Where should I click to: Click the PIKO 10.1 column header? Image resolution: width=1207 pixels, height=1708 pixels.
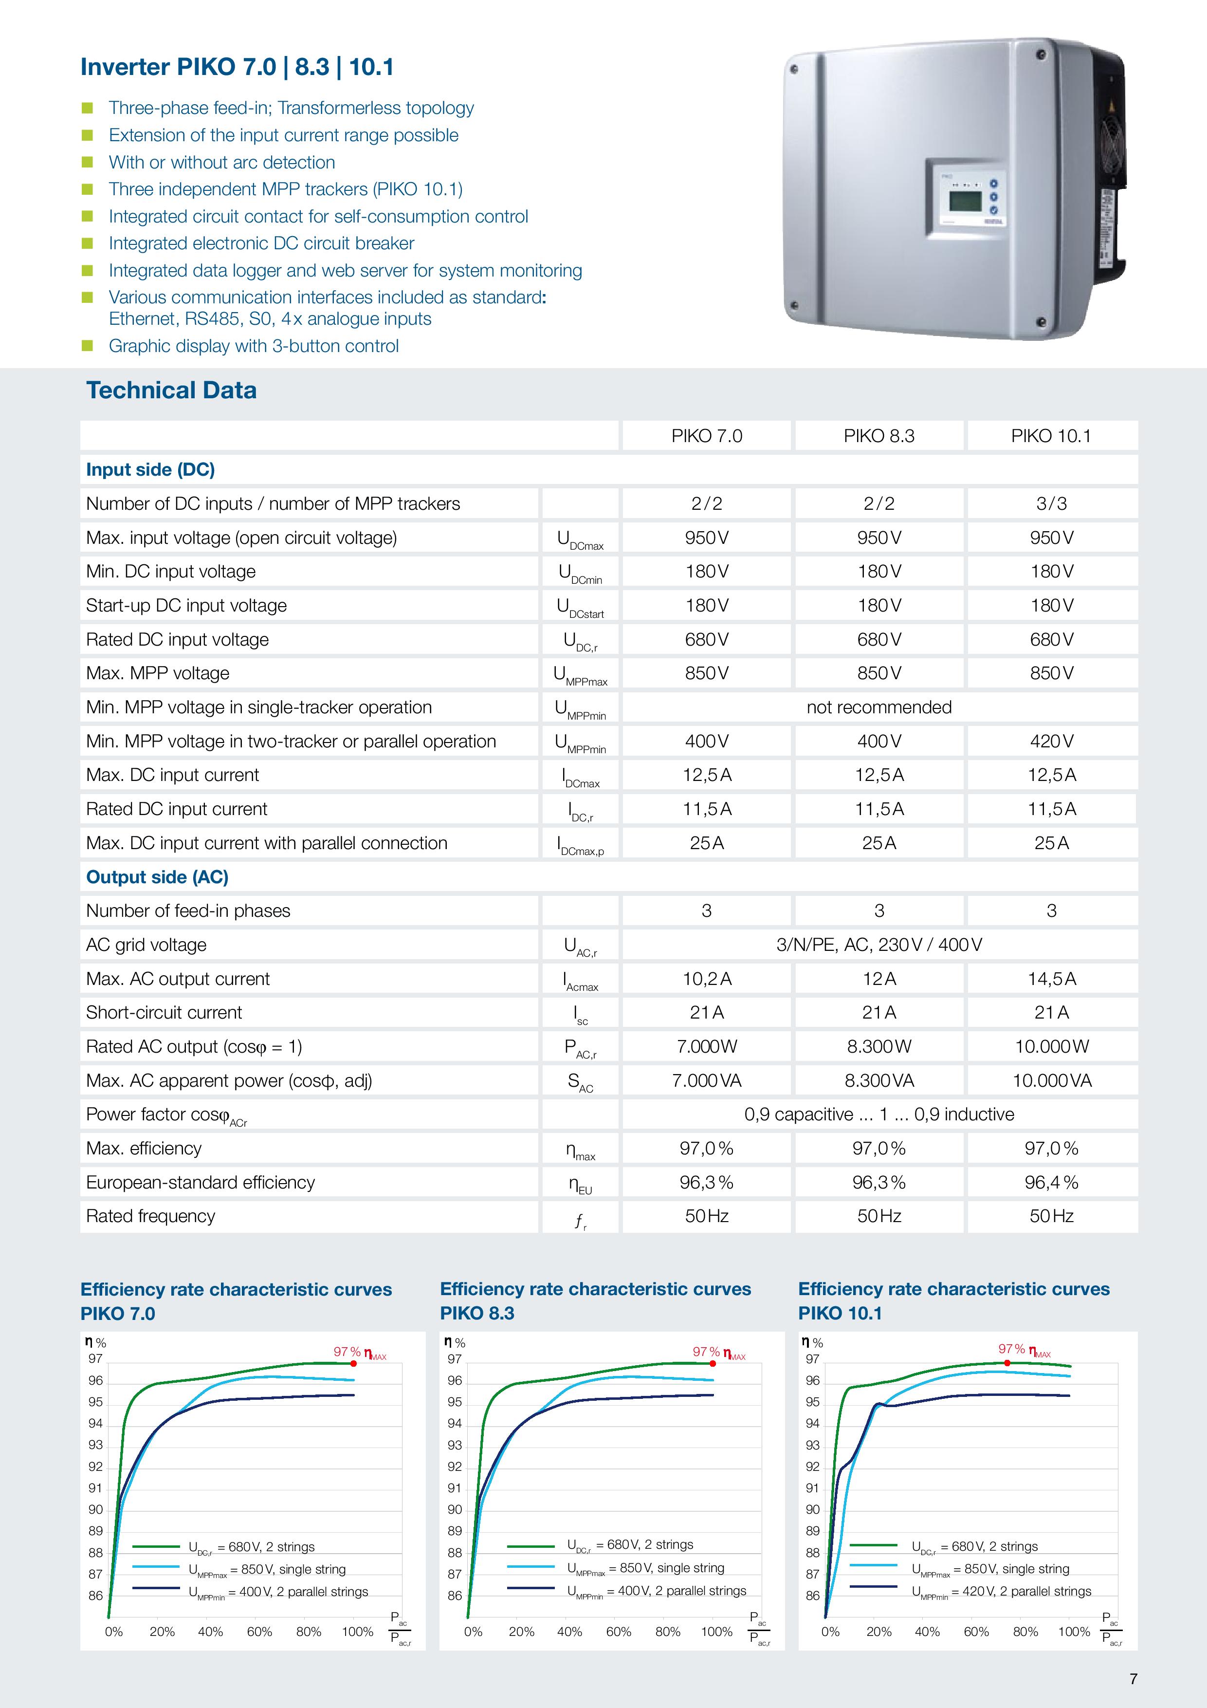coord(1050,436)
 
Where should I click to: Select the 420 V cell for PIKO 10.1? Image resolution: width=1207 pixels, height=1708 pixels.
coord(1051,741)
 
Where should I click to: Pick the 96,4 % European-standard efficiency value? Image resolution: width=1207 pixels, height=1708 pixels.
coord(1051,1182)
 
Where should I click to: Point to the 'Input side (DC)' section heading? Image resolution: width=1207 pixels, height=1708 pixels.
coord(150,469)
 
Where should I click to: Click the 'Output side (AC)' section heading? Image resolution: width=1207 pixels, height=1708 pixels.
coord(157,877)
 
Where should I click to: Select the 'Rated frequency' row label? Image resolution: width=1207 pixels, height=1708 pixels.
coord(150,1216)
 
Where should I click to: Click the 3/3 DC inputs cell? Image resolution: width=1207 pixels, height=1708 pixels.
coord(1051,503)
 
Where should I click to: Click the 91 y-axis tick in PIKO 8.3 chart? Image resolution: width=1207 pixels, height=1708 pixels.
coord(455,1488)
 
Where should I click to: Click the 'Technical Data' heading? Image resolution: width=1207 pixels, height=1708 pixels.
coord(171,390)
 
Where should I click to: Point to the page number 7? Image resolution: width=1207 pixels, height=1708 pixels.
coord(1133,1679)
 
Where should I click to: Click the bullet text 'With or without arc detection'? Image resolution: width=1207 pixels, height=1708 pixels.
coord(221,162)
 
